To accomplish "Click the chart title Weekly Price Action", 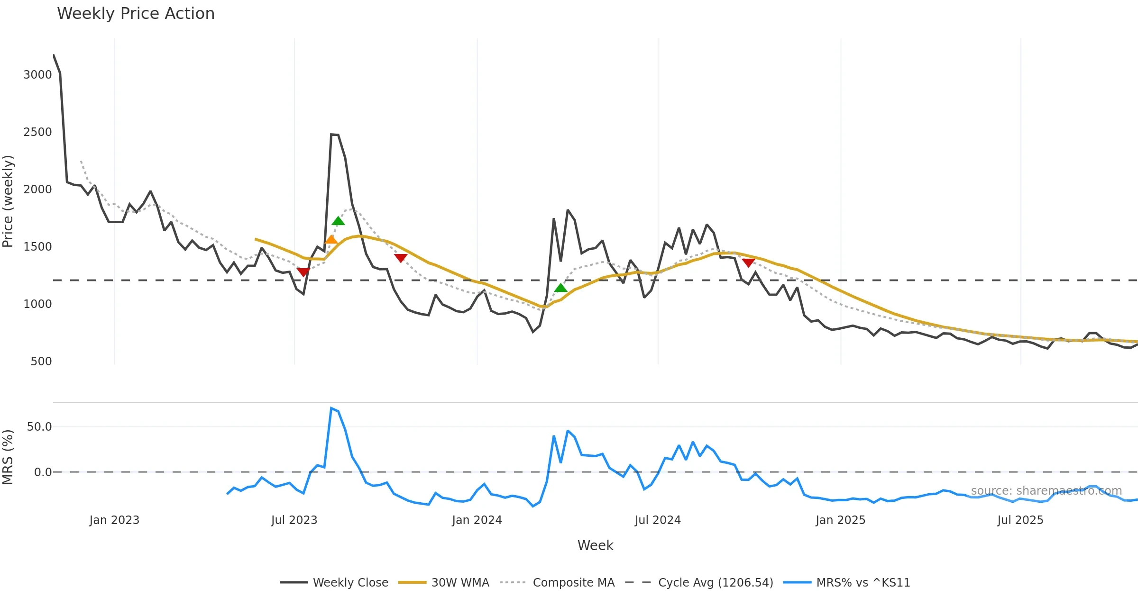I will [x=136, y=14].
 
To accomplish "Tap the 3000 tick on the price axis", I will [x=37, y=75].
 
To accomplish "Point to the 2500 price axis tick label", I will [x=37, y=132].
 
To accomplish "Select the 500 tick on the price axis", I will [x=41, y=362].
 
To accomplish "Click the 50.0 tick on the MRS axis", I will [x=39, y=427].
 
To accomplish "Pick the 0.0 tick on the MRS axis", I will [x=43, y=472].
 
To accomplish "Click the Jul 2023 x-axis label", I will [x=294, y=520].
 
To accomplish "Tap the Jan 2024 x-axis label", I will [x=477, y=520].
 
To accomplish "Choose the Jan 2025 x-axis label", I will [x=840, y=520].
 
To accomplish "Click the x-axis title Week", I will [x=595, y=546].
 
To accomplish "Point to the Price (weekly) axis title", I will [x=8, y=201].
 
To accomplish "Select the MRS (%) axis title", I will [x=8, y=457].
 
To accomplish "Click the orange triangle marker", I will [x=331, y=240].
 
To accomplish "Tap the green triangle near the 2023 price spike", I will [x=338, y=221].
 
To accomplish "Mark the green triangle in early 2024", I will [x=560, y=288].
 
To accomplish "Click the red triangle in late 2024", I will [x=748, y=262].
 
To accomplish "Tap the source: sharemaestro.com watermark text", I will [x=1046, y=491].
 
